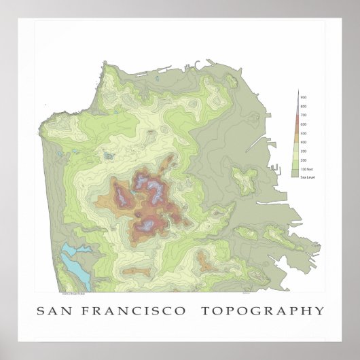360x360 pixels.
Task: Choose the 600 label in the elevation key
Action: click(x=303, y=125)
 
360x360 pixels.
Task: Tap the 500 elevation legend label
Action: click(x=303, y=133)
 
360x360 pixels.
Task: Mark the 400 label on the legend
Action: click(x=303, y=142)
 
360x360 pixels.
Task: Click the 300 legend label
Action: click(x=303, y=150)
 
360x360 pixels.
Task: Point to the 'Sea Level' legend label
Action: click(x=306, y=176)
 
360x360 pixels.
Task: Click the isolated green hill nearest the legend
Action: click(x=245, y=179)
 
